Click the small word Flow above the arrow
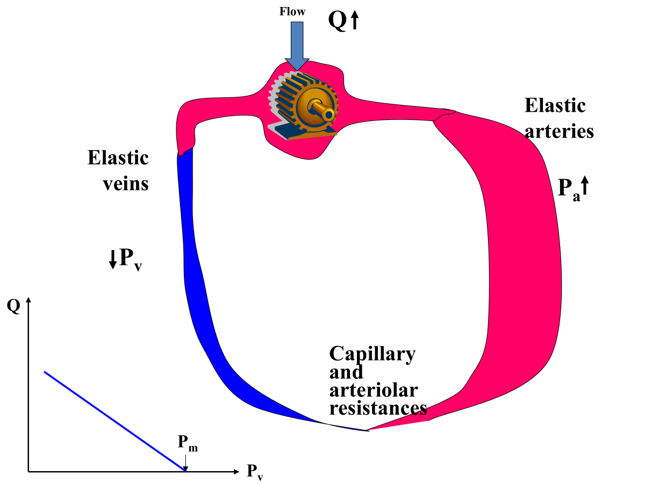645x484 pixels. point(292,11)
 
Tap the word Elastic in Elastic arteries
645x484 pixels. point(555,105)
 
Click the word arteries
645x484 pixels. point(559,131)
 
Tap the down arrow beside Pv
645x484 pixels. point(112,260)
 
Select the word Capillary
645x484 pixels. point(372,354)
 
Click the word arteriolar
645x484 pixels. point(374,390)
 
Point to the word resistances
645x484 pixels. point(378,408)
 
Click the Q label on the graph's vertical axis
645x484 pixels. point(14,307)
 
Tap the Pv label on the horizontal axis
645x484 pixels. point(255,472)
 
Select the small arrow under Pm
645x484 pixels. point(185,461)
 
